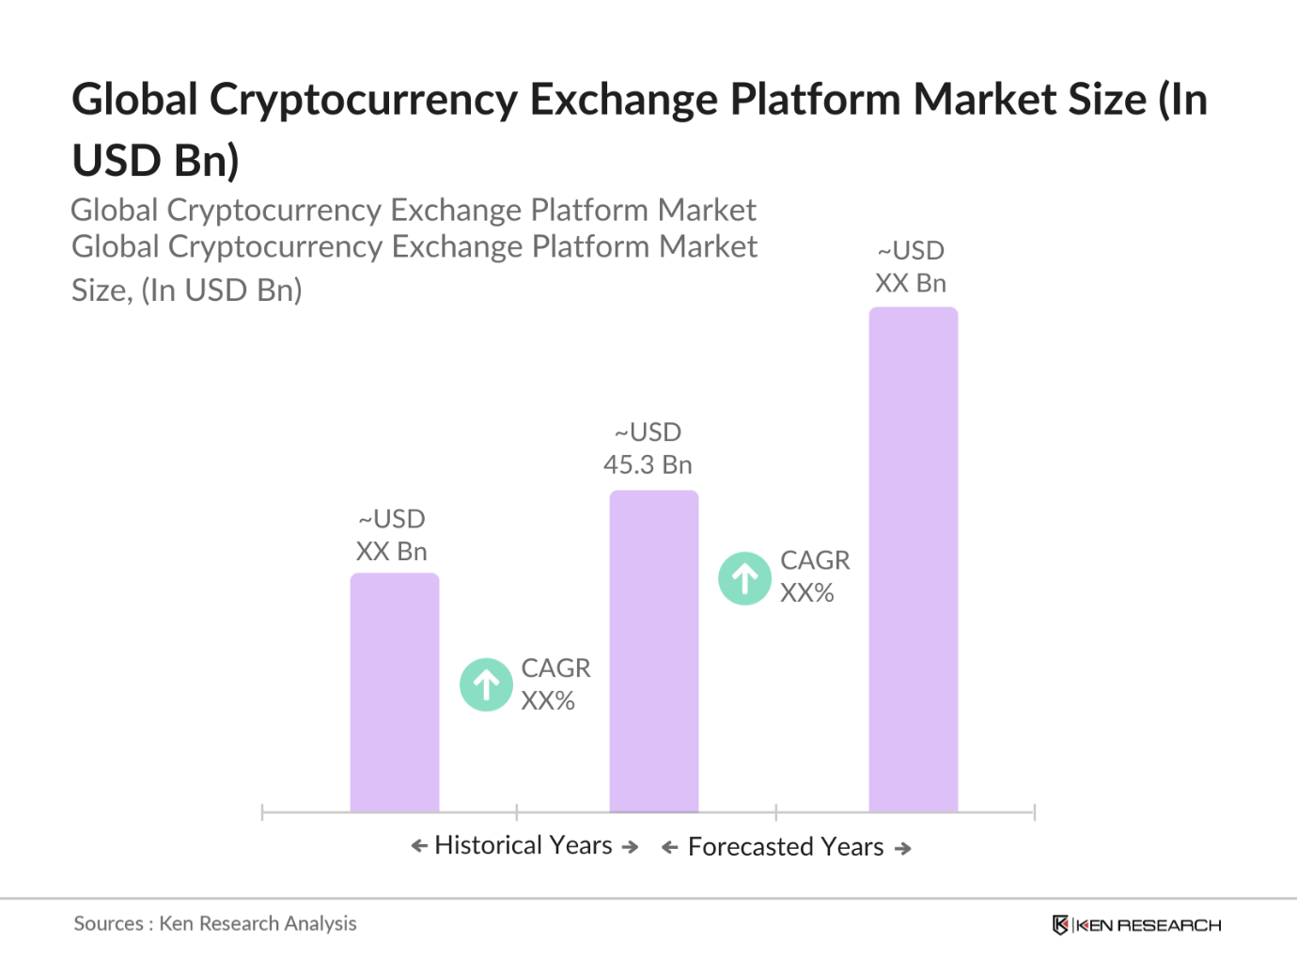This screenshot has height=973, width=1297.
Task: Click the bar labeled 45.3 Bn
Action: (653, 651)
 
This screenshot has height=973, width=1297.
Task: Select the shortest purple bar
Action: (395, 692)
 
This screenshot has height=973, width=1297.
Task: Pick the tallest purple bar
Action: (913, 559)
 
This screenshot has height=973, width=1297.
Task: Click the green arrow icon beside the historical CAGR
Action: (486, 684)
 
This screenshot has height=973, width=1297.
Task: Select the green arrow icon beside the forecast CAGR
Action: (744, 578)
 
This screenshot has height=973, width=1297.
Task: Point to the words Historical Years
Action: (523, 845)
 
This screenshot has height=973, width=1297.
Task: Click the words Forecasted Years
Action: (786, 847)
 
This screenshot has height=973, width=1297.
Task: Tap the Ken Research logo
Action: (1136, 925)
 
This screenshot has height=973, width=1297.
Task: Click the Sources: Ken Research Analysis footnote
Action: (215, 923)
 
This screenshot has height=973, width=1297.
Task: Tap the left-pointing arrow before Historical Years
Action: (419, 846)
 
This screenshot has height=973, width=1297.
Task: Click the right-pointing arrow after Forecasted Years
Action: (903, 848)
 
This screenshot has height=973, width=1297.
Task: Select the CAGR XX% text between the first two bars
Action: (555, 684)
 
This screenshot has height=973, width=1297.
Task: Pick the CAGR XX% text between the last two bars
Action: (814, 576)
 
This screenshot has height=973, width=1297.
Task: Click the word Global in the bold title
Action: (134, 100)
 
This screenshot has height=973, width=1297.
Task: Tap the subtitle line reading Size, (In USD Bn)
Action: (187, 290)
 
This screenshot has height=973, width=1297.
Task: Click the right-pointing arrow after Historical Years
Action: (631, 847)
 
